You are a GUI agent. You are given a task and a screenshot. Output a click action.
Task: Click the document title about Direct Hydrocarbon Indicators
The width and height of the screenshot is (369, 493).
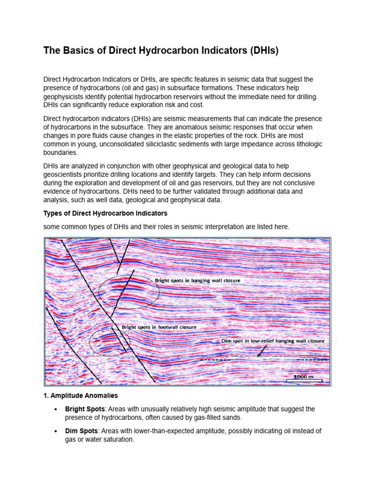(x=161, y=51)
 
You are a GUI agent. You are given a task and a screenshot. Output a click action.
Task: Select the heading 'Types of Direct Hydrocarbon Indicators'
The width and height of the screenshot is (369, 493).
(x=105, y=213)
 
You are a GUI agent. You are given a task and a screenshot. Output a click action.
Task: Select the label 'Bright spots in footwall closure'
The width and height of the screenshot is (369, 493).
(x=159, y=327)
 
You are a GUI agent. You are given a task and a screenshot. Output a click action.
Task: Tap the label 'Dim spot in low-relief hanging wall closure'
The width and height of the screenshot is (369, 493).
(x=272, y=340)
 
